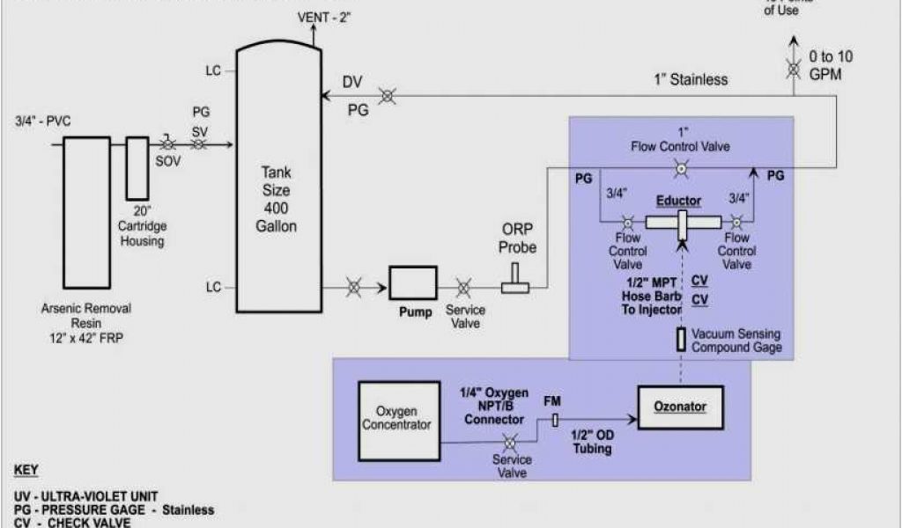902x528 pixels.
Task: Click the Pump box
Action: [413, 283]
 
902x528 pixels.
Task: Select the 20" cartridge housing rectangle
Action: [137, 167]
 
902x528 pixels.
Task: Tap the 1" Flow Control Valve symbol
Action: [680, 167]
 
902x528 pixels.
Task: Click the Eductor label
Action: [678, 201]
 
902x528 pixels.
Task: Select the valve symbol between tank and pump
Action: [353, 287]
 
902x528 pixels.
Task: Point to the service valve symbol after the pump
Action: [462, 287]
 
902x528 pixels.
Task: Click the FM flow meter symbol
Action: [555, 421]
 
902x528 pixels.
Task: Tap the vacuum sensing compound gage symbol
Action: [681, 339]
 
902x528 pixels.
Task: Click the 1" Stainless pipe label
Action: [691, 79]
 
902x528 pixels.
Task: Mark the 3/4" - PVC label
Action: [43, 121]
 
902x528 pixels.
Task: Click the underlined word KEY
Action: [27, 471]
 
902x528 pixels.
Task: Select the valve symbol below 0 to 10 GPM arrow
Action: [794, 68]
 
